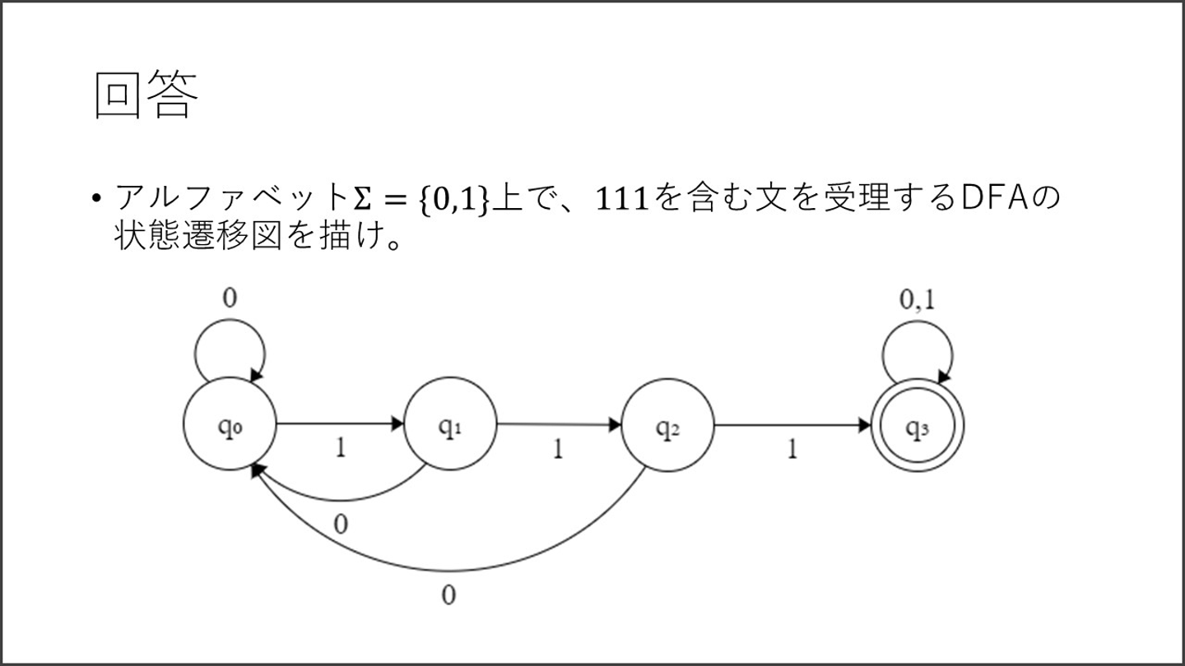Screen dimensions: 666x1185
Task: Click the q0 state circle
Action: (x=230, y=425)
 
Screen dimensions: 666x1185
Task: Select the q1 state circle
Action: (x=449, y=425)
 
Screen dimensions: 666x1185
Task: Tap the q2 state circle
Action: (x=667, y=425)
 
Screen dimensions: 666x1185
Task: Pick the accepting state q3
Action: (x=917, y=426)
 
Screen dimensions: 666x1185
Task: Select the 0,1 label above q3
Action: (x=917, y=301)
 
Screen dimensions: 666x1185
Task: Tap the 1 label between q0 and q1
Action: (x=339, y=448)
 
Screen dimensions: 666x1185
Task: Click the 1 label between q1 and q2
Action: (x=558, y=451)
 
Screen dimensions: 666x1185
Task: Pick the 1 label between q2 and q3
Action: (x=792, y=451)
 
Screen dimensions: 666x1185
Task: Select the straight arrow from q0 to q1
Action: (x=339, y=424)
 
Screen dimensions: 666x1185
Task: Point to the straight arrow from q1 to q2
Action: (x=558, y=425)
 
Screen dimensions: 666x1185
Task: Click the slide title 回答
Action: (x=146, y=96)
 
